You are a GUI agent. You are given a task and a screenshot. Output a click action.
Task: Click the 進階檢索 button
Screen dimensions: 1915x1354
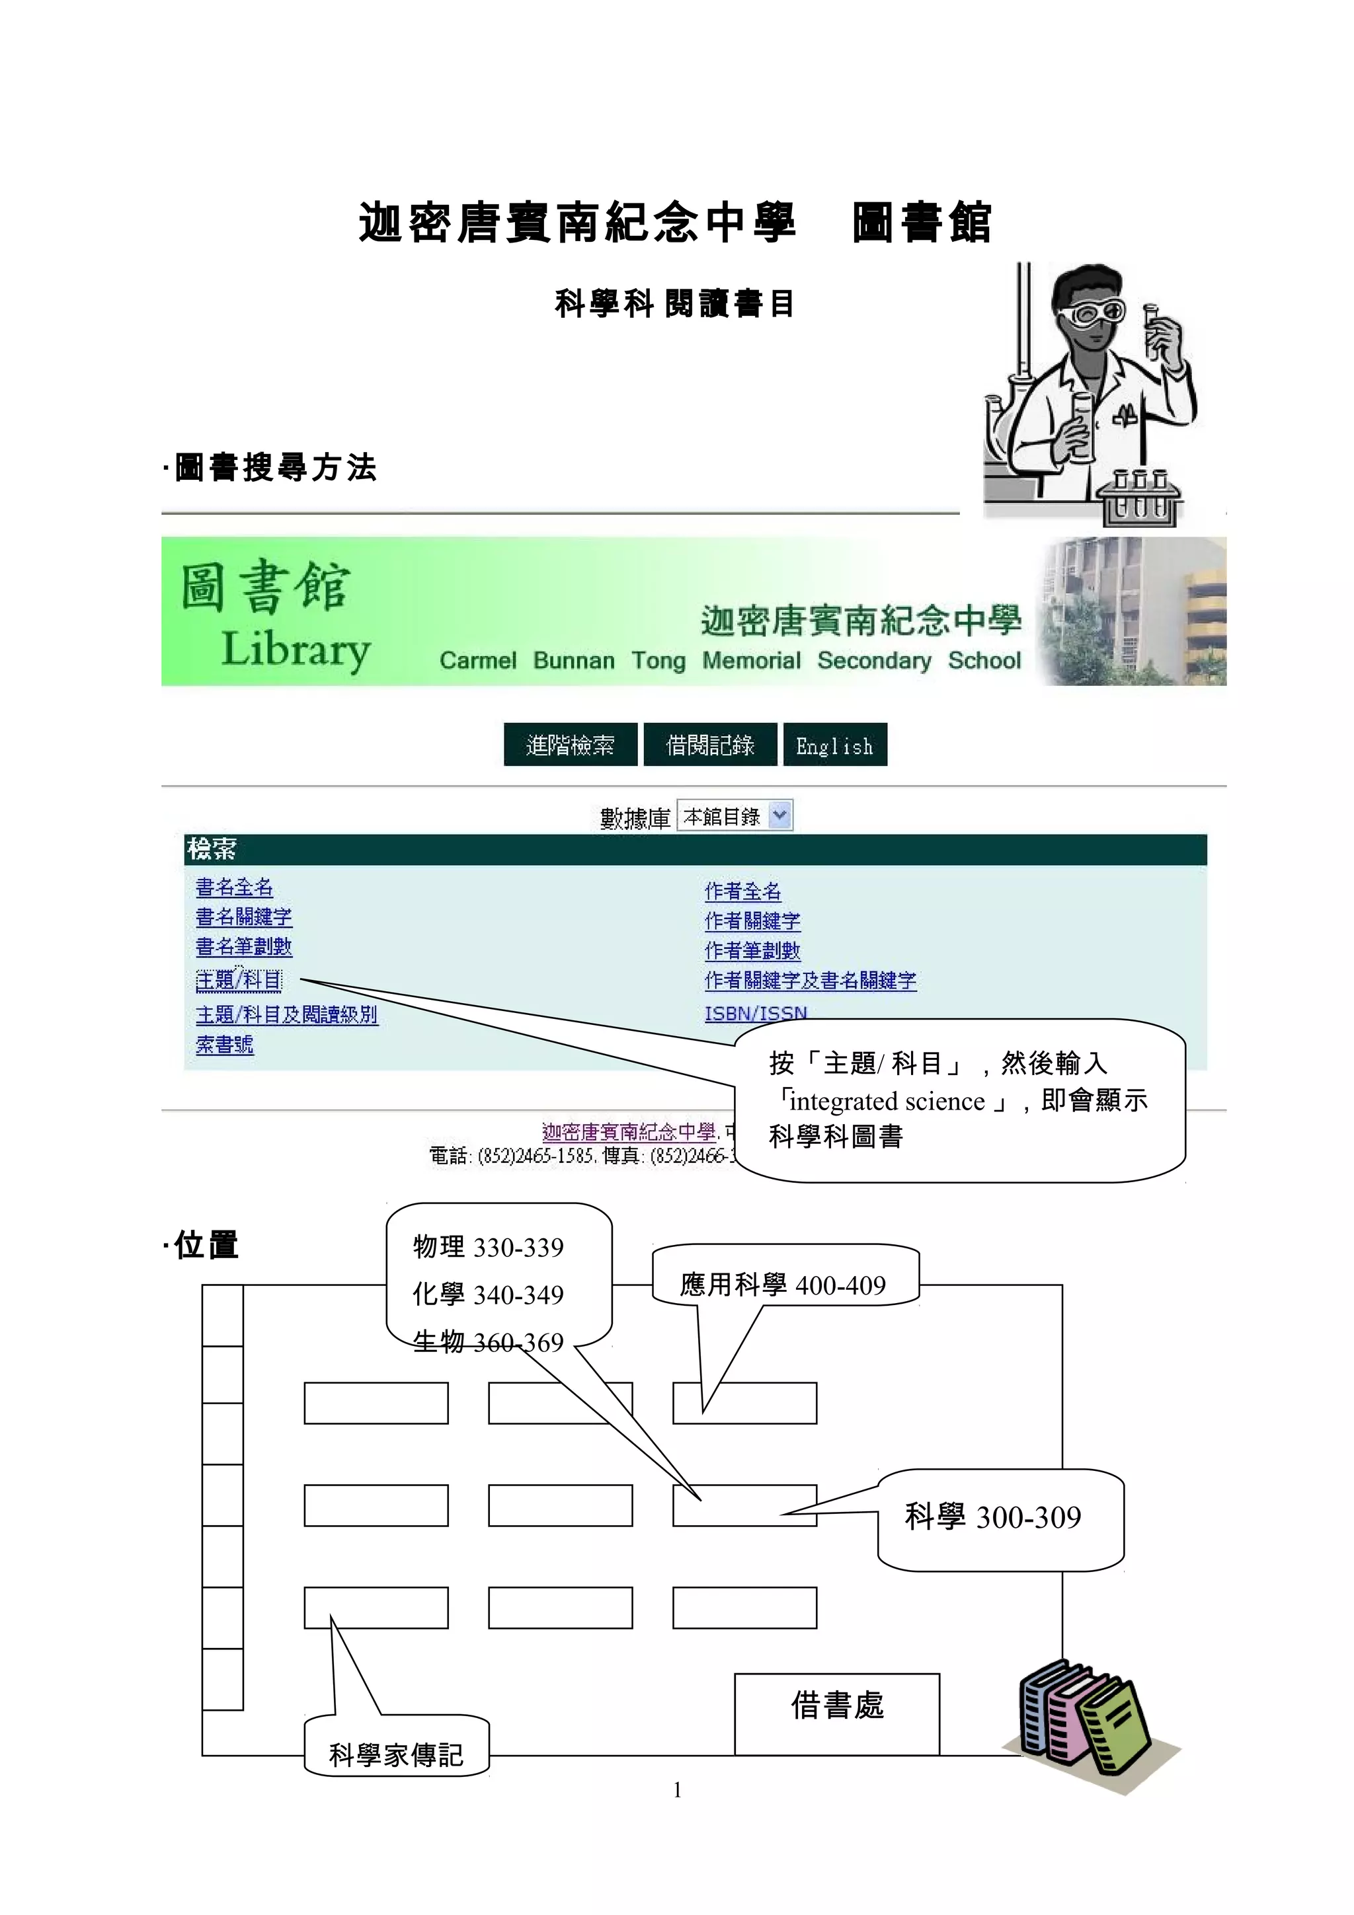(x=570, y=745)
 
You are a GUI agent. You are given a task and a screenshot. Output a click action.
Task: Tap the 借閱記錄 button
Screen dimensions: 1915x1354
(x=710, y=745)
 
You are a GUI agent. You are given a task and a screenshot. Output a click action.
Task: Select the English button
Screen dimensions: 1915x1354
(x=834, y=745)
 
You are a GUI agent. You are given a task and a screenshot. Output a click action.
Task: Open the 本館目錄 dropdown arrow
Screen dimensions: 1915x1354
(x=779, y=815)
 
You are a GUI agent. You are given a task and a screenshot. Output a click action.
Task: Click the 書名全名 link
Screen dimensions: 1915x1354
(x=233, y=887)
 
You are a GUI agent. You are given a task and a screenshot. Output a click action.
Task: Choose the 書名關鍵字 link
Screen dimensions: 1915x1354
(x=243, y=917)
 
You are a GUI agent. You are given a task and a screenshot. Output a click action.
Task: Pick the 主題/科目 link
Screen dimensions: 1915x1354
(x=239, y=981)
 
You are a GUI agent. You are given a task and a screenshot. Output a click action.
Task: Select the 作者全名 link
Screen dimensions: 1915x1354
(x=742, y=891)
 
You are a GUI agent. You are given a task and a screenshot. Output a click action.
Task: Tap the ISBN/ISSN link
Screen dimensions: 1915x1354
(x=755, y=1014)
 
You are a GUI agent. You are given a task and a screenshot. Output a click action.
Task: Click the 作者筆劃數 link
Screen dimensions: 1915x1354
(x=752, y=951)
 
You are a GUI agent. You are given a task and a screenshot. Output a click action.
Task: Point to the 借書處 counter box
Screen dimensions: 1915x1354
(x=837, y=1706)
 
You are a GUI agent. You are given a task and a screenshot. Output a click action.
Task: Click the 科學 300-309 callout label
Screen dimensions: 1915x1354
(x=993, y=1517)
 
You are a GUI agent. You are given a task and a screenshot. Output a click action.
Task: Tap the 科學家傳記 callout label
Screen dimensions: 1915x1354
(x=395, y=1756)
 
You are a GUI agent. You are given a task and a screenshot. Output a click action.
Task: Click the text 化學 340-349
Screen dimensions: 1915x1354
(x=488, y=1295)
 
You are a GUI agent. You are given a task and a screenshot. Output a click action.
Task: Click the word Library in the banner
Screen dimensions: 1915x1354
(x=296, y=650)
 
